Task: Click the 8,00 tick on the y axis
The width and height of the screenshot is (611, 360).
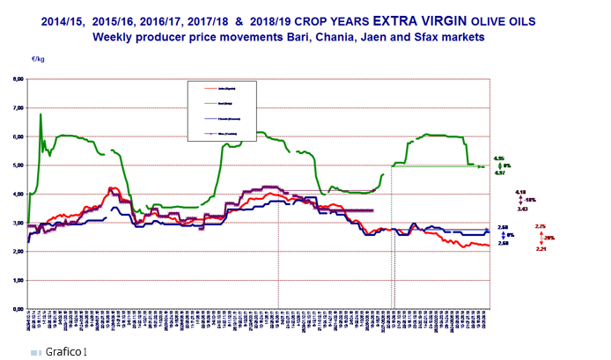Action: point(18,79)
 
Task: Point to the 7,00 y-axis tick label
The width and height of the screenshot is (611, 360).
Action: point(18,108)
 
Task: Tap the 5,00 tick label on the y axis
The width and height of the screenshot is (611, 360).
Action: point(18,165)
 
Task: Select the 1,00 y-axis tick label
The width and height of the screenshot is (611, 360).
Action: point(18,281)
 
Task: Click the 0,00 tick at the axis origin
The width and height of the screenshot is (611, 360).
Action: point(18,310)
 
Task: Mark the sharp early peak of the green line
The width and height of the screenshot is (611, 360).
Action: point(40,114)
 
